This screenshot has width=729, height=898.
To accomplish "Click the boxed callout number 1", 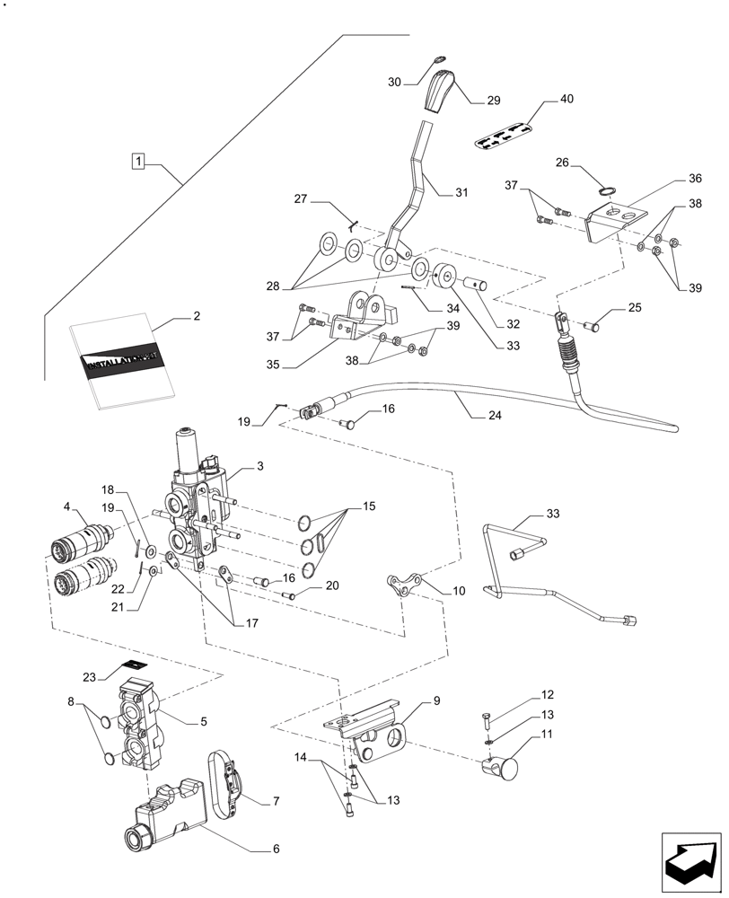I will point(137,162).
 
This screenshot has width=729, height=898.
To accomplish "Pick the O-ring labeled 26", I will point(608,190).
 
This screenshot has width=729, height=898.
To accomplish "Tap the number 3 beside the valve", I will point(259,466).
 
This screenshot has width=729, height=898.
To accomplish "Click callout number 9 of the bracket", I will point(435,700).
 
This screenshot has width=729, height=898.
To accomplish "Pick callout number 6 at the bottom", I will point(276,848).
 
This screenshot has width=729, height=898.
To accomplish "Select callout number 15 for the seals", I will point(368,508).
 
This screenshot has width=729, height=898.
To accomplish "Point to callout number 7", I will point(276,799).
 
